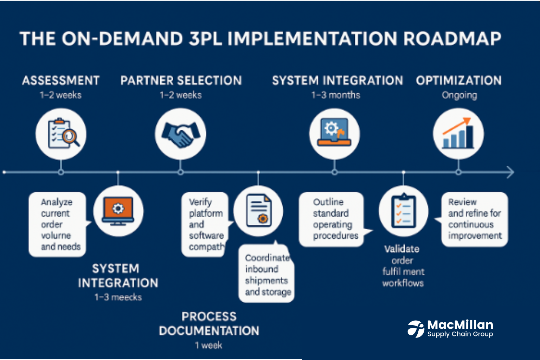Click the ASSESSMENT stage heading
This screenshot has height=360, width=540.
pyautogui.click(x=61, y=81)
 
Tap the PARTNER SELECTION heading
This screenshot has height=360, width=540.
pyautogui.click(x=181, y=81)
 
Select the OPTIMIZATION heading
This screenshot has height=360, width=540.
pyautogui.click(x=459, y=81)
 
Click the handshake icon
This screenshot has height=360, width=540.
pyautogui.click(x=180, y=134)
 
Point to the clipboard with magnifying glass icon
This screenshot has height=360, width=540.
pyautogui.click(x=61, y=134)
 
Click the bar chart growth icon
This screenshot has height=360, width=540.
pyautogui.click(x=458, y=134)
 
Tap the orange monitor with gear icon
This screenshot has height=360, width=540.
pyautogui.click(x=118, y=211)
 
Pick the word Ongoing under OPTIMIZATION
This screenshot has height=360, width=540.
pyautogui.click(x=459, y=96)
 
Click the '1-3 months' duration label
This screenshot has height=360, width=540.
pyautogui.click(x=336, y=95)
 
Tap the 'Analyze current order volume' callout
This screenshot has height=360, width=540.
pyautogui.click(x=57, y=224)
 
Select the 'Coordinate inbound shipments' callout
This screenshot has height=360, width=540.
pyautogui.click(x=266, y=274)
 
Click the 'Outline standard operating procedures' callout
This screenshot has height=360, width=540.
pyautogui.click(x=332, y=219)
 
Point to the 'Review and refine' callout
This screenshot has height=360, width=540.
pyautogui.click(x=475, y=219)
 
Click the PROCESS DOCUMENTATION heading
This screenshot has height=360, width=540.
pyautogui.click(x=209, y=323)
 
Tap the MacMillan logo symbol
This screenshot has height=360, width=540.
pyautogui.click(x=416, y=329)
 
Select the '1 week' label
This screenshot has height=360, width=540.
pyautogui.click(x=209, y=346)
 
